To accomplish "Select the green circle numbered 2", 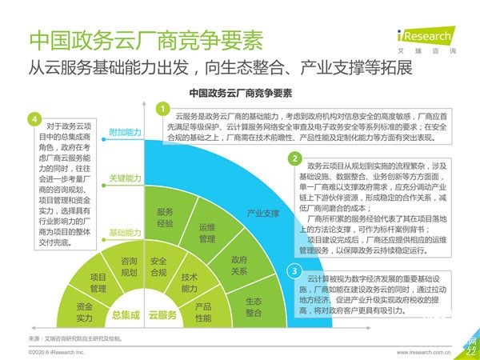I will (x=295, y=159).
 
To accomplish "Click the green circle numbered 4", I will (x=34, y=119).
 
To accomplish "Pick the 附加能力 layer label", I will (x=124, y=131).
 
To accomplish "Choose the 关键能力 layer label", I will (x=124, y=178).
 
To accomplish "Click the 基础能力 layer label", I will (x=124, y=233).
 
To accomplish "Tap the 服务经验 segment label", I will (x=165, y=218).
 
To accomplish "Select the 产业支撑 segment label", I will (x=262, y=214).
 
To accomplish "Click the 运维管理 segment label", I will (x=207, y=232).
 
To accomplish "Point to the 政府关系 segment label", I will (x=239, y=265).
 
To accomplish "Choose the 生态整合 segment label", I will (x=254, y=308).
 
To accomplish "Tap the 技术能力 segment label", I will (x=190, y=282).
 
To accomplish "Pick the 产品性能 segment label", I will (x=203, y=313).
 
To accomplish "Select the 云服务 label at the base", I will (x=163, y=315).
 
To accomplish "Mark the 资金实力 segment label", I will (x=85, y=312).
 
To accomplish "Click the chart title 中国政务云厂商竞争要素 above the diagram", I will (x=240, y=93).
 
